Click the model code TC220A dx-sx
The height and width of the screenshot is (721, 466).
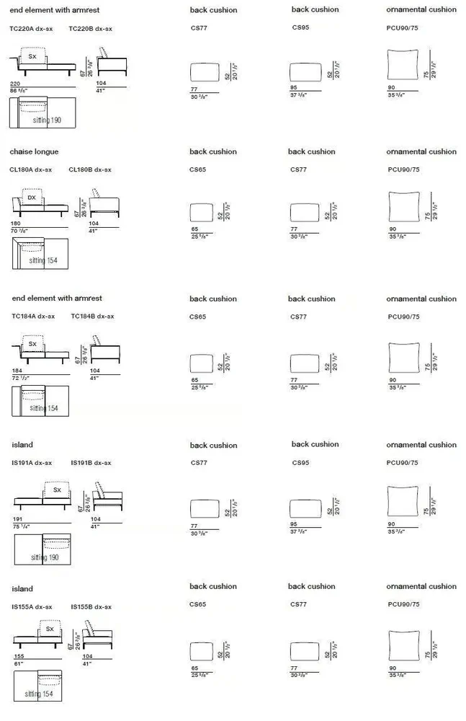point(31,29)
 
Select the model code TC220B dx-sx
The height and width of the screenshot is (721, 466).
point(90,29)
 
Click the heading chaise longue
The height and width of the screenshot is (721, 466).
point(34,152)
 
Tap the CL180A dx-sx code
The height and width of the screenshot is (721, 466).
point(30,170)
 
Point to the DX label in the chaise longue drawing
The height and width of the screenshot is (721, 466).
point(32,197)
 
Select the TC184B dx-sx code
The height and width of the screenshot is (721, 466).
point(92,316)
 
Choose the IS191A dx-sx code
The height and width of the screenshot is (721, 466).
point(32,463)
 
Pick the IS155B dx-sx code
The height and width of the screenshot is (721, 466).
point(91,607)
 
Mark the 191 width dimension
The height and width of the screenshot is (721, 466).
point(18,519)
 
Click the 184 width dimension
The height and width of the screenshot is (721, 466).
point(17,371)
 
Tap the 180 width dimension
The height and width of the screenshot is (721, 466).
point(16,224)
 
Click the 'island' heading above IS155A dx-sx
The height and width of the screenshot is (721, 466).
point(22,589)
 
